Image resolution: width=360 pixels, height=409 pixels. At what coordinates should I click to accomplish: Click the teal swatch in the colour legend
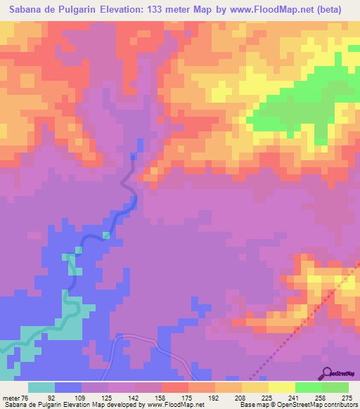coord(41,387)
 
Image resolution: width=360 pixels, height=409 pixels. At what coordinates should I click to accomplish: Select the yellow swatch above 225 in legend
coord(255,387)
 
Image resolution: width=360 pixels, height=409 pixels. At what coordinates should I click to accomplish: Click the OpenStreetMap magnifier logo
coord(327,373)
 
